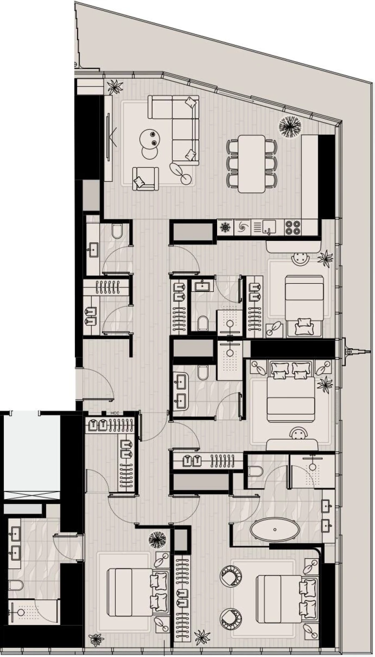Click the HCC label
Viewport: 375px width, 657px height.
[x=115, y=413]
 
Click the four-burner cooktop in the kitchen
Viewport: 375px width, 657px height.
[x=293, y=227]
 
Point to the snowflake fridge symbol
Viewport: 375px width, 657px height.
[x=225, y=227]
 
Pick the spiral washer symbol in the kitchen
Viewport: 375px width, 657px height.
[x=242, y=227]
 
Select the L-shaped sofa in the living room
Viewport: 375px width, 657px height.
[x=179, y=125]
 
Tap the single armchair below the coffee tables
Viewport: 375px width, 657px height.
[x=145, y=178]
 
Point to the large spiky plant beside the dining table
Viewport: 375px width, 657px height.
[x=290, y=125]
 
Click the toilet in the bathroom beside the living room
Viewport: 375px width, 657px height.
[x=117, y=231]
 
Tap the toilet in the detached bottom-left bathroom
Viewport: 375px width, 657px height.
[x=15, y=585]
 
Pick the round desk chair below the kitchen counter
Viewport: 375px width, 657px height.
[x=299, y=259]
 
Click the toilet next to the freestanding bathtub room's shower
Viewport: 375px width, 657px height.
[x=255, y=471]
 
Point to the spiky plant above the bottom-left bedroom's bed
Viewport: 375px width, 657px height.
[x=157, y=540]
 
